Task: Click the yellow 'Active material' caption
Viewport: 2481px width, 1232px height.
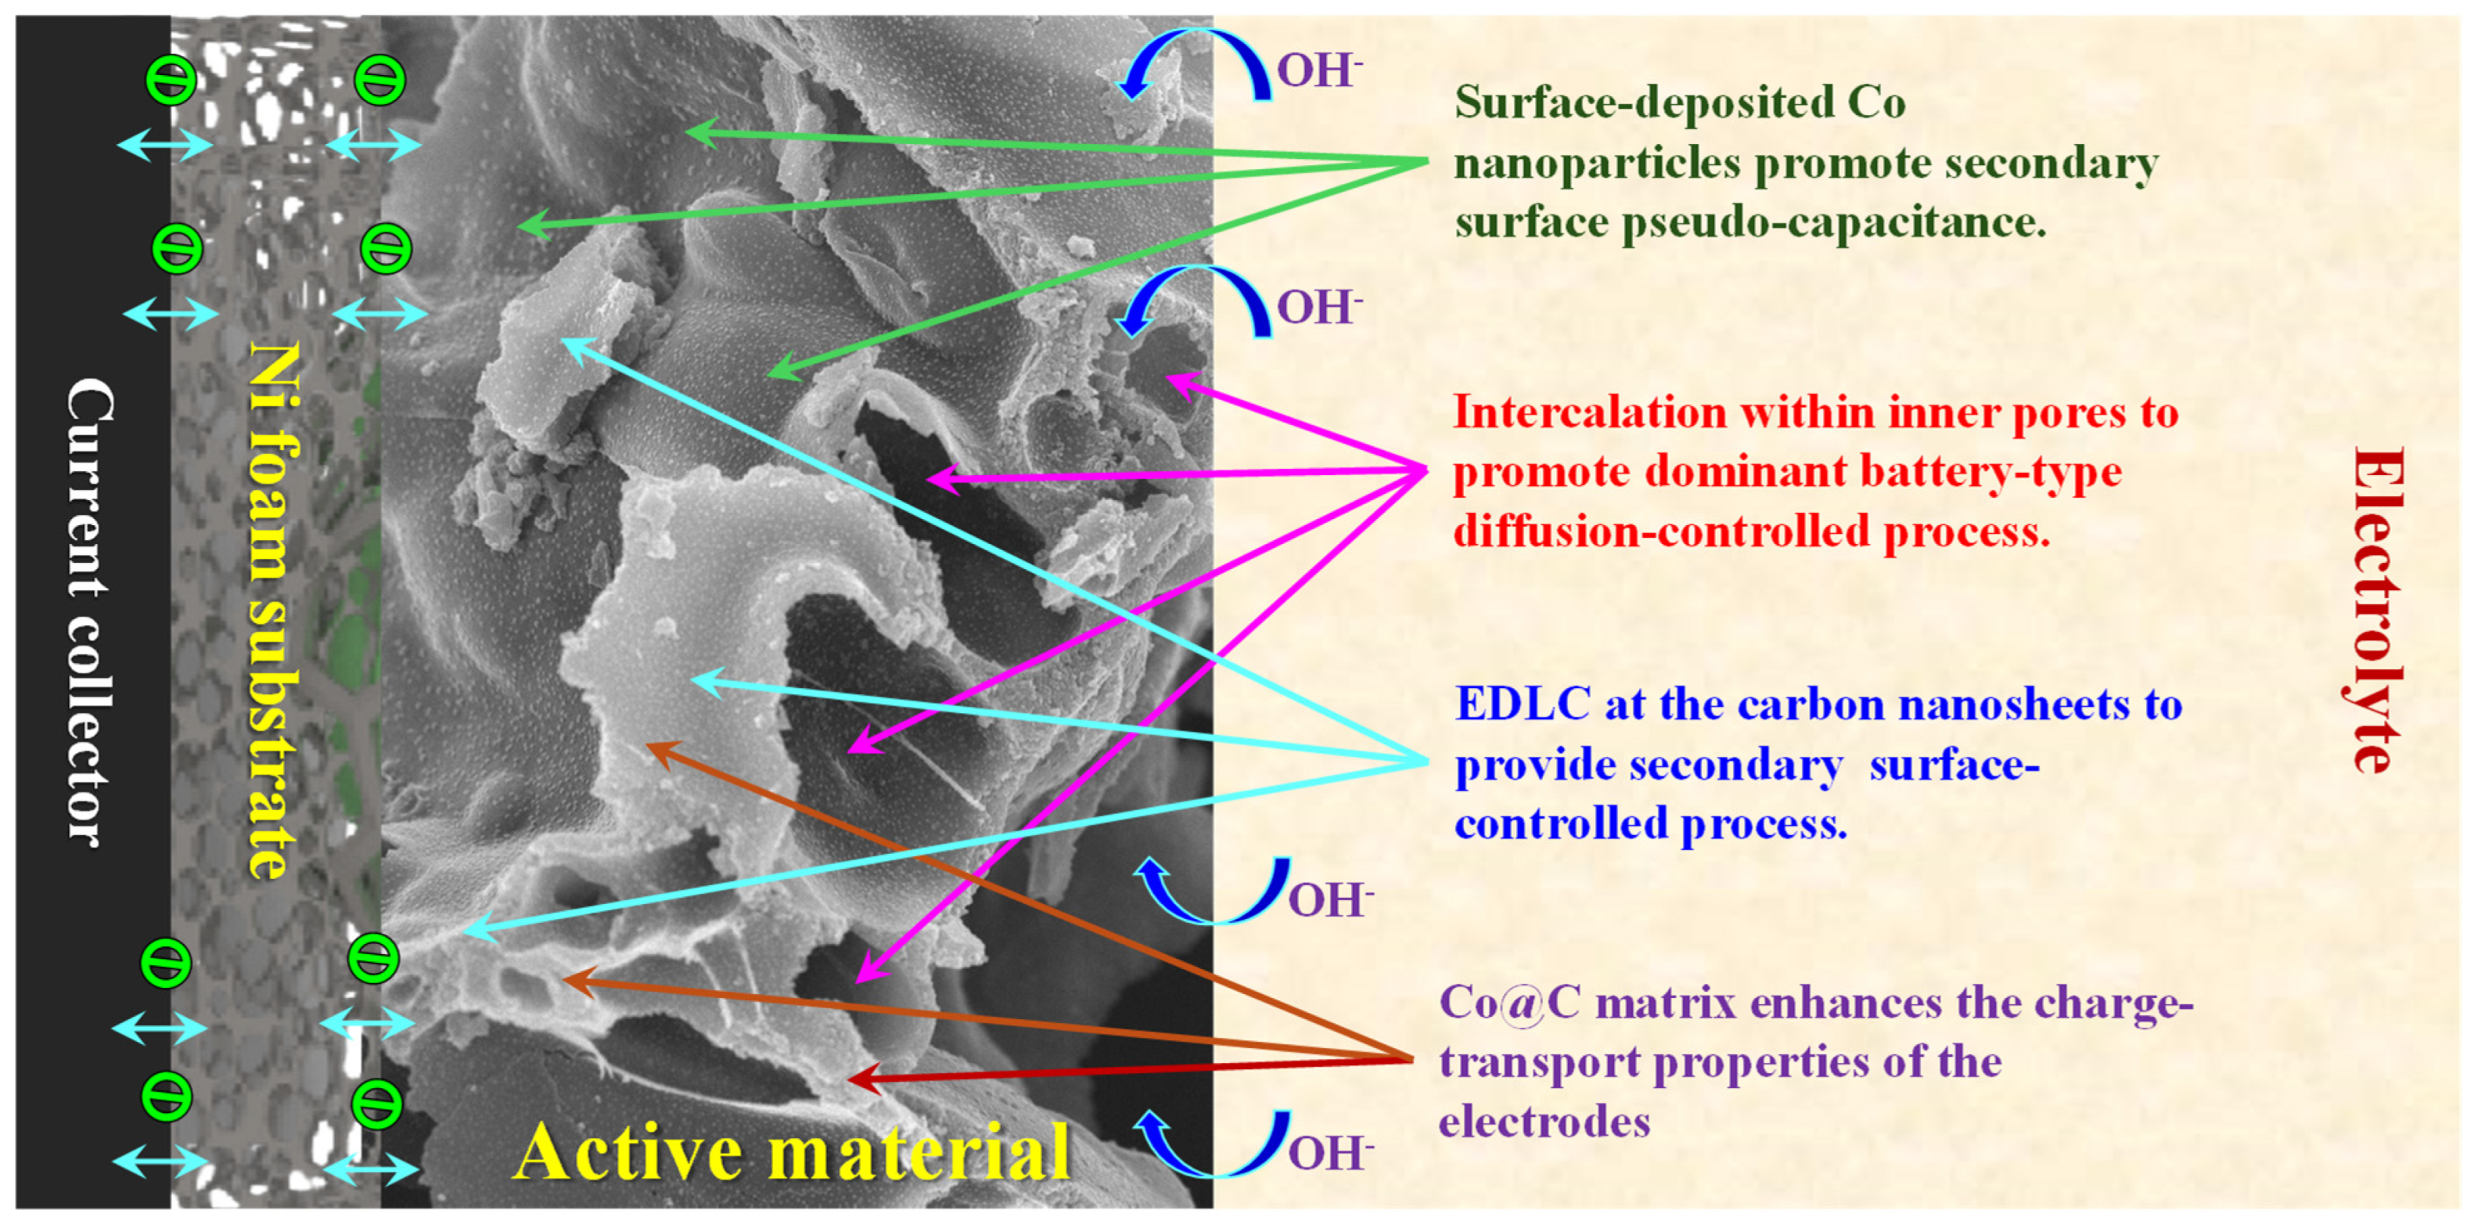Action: coord(792,1152)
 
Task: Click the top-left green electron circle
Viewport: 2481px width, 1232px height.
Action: coord(171,80)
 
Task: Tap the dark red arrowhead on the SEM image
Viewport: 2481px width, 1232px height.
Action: coord(860,1078)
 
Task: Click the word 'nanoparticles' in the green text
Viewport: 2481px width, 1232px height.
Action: coord(1597,164)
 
